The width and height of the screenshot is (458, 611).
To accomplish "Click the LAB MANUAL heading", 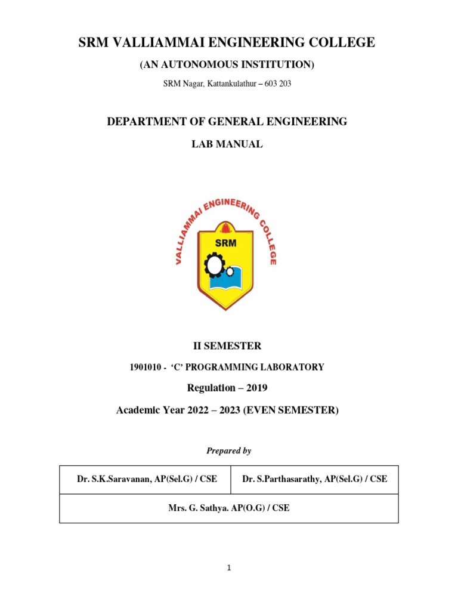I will [227, 144].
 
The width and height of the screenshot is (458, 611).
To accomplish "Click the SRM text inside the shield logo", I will [227, 242].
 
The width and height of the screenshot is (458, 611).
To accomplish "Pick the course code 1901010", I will [144, 368].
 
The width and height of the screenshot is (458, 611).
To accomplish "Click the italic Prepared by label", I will [228, 451].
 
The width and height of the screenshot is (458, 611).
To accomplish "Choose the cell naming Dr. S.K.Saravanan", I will [147, 479].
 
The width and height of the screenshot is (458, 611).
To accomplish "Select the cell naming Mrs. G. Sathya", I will [229, 508].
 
